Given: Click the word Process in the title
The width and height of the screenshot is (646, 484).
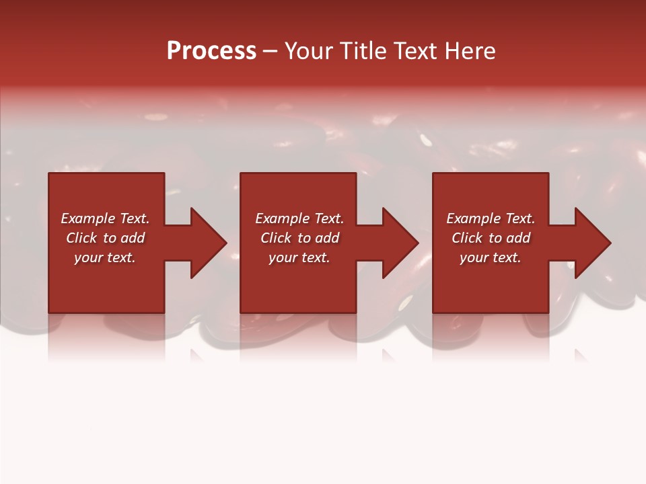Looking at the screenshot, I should pyautogui.click(x=211, y=51).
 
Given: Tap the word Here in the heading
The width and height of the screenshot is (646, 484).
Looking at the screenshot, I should pyautogui.click(x=470, y=51).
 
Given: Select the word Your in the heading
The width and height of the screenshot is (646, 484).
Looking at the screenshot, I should pyautogui.click(x=310, y=51).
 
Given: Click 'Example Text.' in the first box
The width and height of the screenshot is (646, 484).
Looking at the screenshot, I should pyautogui.click(x=105, y=218).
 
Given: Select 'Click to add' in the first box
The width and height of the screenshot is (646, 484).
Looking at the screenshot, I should pyautogui.click(x=105, y=238).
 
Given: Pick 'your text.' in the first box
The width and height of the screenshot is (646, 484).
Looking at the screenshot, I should pyautogui.click(x=105, y=257).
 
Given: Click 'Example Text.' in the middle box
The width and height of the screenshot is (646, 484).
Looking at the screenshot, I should pyautogui.click(x=299, y=218).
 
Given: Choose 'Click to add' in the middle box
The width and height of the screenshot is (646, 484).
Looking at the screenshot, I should pyautogui.click(x=299, y=238).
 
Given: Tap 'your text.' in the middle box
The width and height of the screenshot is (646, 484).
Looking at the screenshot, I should pyautogui.click(x=299, y=257).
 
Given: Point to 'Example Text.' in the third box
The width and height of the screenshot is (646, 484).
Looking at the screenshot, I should pyautogui.click(x=491, y=218).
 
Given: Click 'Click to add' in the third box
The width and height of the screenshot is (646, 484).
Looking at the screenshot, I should pyautogui.click(x=491, y=238).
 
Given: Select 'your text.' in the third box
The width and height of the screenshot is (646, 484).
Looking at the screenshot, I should pyautogui.click(x=491, y=257).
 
